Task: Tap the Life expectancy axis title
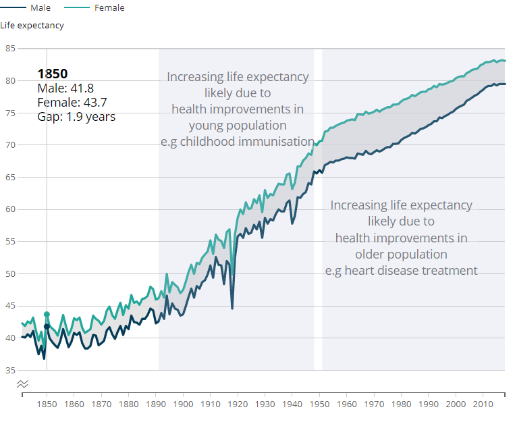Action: [32, 26]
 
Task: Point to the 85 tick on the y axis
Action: [10, 49]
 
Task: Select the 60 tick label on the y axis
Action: [10, 209]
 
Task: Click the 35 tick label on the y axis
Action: [10, 370]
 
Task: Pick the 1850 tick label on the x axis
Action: [47, 404]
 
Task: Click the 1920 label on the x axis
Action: [238, 404]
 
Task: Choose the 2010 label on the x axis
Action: [483, 404]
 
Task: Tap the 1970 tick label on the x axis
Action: [374, 404]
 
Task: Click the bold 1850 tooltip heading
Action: [53, 74]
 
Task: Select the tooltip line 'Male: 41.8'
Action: [65, 88]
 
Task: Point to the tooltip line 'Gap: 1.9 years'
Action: [76, 117]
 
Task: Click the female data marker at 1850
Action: [47, 314]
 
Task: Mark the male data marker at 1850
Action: [47, 327]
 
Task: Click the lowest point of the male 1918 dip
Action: [232, 309]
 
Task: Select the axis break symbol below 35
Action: [22, 384]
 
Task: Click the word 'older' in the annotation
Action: [373, 255]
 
